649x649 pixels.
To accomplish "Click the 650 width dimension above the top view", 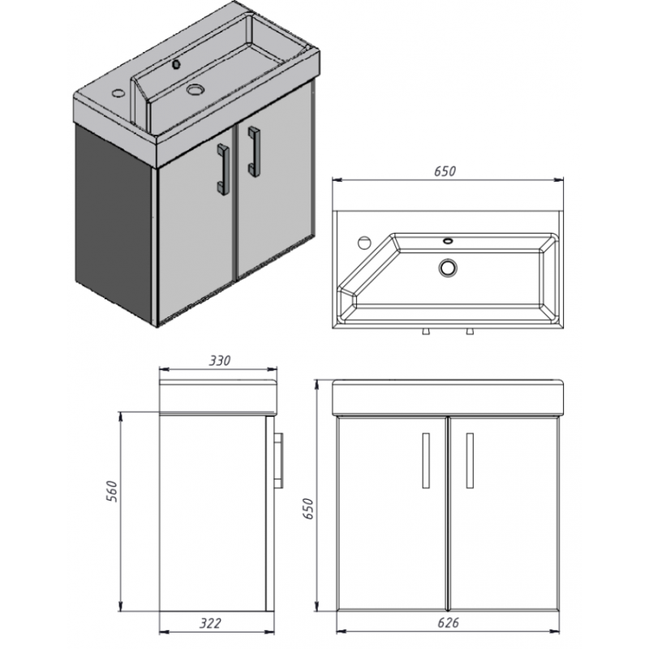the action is point(445,171).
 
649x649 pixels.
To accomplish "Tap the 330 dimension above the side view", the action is point(219,361).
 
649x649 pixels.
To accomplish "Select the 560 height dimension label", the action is point(112,492).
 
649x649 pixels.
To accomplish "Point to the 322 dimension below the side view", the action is point(211,623).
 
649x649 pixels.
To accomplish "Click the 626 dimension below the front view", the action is point(449,623).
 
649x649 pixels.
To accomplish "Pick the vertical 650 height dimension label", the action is point(308,509).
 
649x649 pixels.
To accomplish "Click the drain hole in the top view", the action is point(448,269).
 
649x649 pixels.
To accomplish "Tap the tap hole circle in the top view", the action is point(364,243).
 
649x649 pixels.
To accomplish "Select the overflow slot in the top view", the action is point(448,240).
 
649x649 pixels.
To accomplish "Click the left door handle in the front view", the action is point(425,461).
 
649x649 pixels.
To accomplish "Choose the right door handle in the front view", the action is point(470,461).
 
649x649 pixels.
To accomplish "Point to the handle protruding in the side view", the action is point(278,461).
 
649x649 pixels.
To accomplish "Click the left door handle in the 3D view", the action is point(223,170).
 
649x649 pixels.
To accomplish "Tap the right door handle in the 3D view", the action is point(254,152).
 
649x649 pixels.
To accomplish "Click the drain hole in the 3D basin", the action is point(196,89).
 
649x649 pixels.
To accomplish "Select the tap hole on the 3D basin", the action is point(118,92).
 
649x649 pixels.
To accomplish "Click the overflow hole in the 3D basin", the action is point(177,64).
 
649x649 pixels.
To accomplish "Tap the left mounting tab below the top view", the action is point(425,332).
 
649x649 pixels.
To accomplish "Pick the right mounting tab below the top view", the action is point(470,332).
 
